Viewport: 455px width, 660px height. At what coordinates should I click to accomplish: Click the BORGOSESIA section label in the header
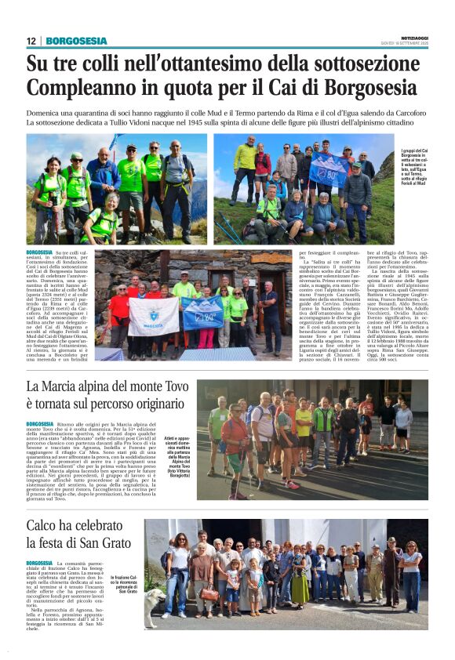76,41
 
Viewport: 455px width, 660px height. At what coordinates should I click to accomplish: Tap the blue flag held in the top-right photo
328,168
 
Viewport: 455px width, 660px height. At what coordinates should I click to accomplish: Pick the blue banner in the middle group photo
202,311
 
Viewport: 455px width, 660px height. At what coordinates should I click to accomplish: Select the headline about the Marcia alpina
106,397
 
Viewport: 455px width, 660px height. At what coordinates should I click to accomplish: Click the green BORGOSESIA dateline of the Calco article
39,563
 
